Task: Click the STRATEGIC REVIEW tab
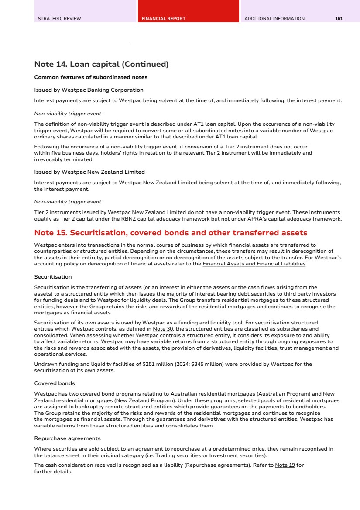coord(59,19)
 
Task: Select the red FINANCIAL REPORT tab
coord(163,19)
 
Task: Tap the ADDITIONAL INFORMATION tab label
coord(274,19)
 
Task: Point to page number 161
coord(339,19)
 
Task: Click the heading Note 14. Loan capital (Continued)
coord(101,65)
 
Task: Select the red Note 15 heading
coord(171,233)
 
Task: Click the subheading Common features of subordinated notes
coord(91,78)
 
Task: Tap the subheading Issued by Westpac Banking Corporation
coord(89,90)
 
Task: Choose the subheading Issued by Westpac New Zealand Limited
coord(89,172)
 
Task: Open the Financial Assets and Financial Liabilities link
coord(254,264)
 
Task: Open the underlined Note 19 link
coord(285,465)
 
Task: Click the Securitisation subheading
coord(53,277)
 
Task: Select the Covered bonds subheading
coord(55,383)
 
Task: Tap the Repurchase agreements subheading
coord(67,438)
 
